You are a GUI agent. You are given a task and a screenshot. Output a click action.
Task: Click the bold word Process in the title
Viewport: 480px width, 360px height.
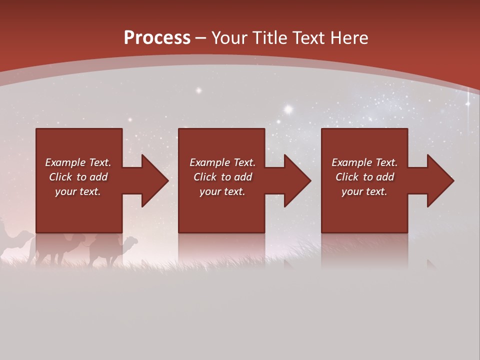pyautogui.click(x=157, y=38)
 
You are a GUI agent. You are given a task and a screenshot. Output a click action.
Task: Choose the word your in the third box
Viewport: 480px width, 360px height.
pyautogui.click(x=352, y=191)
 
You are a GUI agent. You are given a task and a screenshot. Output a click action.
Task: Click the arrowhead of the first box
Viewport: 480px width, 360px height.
pyautogui.click(x=155, y=180)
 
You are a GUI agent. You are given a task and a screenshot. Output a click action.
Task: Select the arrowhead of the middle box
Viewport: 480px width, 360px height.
pyautogui.click(x=297, y=180)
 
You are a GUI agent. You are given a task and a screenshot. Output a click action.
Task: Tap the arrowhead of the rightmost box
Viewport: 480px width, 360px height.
pyautogui.click(x=440, y=180)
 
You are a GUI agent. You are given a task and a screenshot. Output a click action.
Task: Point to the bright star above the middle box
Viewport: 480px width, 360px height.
pyautogui.click(x=198, y=90)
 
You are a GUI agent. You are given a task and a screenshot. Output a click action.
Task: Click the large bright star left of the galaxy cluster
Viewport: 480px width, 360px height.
pyautogui.click(x=288, y=108)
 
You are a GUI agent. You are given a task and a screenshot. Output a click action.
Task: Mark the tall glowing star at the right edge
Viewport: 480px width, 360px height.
pyautogui.click(x=468, y=103)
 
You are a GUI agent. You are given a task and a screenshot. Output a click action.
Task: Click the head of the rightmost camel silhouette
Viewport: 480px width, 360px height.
pyautogui.click(x=131, y=240)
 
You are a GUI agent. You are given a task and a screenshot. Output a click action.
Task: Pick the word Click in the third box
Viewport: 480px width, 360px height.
pyautogui.click(x=347, y=177)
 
